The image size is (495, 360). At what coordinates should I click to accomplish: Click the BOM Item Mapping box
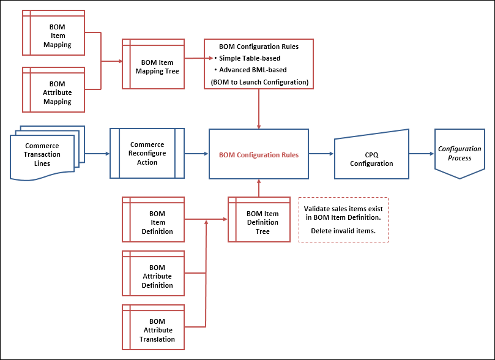[61, 36]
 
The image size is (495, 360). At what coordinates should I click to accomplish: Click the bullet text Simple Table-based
[250, 58]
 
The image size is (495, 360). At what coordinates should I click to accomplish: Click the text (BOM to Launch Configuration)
[259, 81]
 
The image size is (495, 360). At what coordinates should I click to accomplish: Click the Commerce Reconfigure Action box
[147, 154]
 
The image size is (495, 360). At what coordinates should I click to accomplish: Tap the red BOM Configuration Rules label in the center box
[259, 155]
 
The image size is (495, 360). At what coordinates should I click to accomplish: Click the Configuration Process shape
[459, 154]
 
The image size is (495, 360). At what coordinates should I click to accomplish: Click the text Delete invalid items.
[343, 231]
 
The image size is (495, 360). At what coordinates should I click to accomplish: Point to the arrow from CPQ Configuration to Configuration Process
[421, 154]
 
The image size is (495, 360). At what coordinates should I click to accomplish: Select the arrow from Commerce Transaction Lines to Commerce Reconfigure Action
[97, 154]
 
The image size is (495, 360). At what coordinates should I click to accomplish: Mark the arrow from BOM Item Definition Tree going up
[259, 188]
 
